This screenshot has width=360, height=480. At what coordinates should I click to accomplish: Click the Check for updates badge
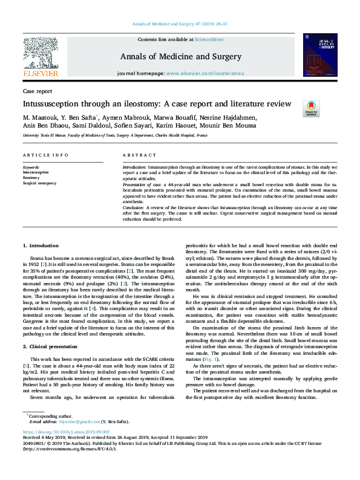point(311,108)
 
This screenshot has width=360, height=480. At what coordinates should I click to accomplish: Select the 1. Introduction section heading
point(41,247)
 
